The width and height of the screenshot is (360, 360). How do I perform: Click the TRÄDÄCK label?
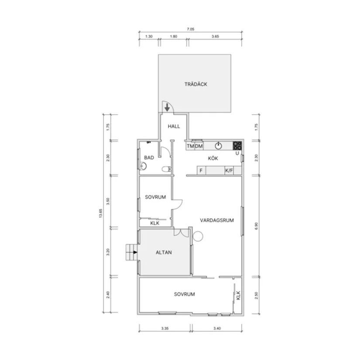pos(196,84)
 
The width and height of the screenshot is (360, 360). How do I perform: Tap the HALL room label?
pos(174,126)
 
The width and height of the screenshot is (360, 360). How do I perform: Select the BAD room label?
pos(149,158)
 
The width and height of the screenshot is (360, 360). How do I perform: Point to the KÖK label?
pos(213,158)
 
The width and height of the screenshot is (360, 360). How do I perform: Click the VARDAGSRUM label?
pos(217,220)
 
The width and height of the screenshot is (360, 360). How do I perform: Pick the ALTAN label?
pos(164,253)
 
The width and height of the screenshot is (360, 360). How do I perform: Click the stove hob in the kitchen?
pos(237,146)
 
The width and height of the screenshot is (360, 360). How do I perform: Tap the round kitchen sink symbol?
pos(218,146)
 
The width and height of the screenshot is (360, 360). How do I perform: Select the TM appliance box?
pos(190,146)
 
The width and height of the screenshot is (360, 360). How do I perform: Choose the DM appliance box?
pos(199,146)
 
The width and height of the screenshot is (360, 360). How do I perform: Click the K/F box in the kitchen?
pos(229,171)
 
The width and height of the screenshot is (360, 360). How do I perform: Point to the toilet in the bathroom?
pos(166,169)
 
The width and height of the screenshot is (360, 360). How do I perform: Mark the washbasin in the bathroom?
pos(143,166)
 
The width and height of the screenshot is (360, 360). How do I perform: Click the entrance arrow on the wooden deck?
pos(167,107)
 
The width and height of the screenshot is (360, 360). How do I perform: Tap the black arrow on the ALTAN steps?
pos(135,252)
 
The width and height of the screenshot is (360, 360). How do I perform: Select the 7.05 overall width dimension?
pos(191,29)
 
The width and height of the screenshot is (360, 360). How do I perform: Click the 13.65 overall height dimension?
pos(100,213)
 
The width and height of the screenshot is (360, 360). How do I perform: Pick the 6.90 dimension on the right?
pos(257,226)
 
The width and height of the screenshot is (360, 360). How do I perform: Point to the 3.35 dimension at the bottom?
pos(165,328)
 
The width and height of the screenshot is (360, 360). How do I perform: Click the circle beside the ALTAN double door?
pos(198,236)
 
